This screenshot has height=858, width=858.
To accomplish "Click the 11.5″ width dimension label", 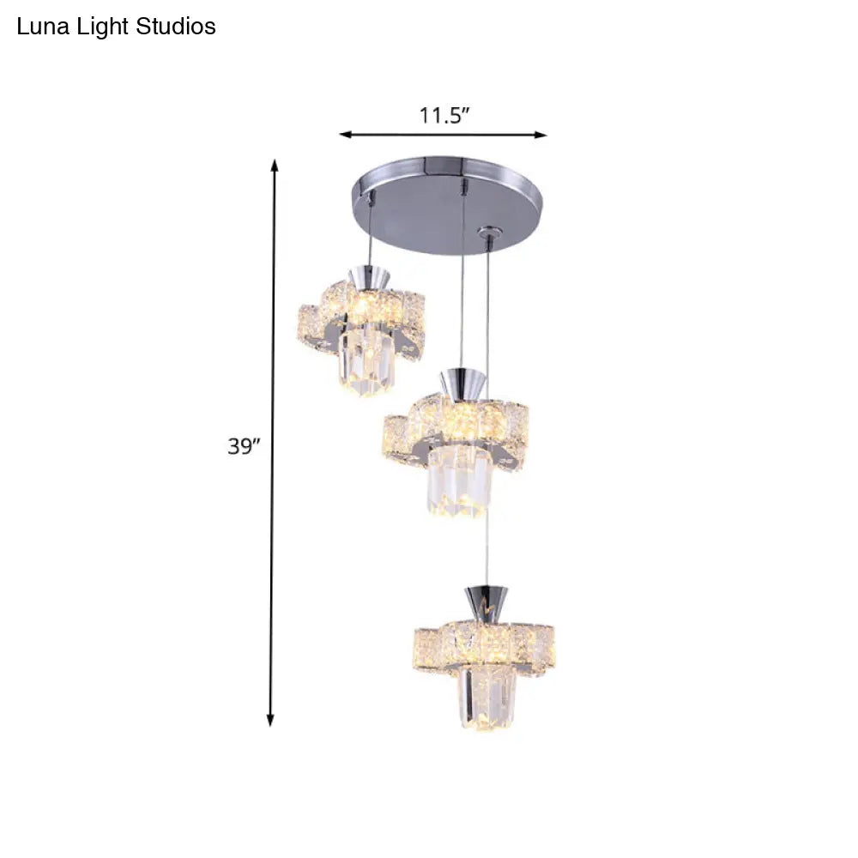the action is point(444,116).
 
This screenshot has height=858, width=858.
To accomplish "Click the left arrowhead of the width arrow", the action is point(345,135).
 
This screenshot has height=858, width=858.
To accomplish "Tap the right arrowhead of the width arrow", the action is point(541,135).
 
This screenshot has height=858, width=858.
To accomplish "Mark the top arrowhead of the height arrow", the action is point(275,166).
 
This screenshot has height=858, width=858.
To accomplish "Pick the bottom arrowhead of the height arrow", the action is point(269,720).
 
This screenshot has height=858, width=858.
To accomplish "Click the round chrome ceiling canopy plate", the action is point(449,205).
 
